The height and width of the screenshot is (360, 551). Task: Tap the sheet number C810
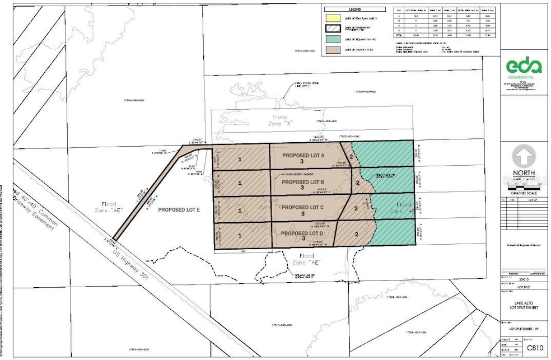coord(535,348)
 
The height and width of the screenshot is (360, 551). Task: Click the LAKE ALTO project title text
coord(525,303)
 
